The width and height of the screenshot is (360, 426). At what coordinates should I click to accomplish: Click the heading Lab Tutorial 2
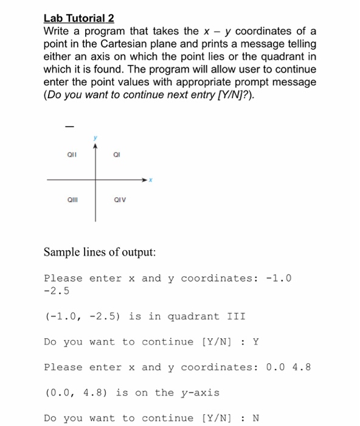[79, 18]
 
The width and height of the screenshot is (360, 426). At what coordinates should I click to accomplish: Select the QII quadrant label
[72, 155]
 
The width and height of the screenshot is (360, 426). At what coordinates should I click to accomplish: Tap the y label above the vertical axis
[95, 138]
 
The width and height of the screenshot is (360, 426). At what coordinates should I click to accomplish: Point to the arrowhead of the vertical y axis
[95, 145]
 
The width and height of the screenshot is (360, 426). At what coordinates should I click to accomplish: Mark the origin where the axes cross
[95, 180]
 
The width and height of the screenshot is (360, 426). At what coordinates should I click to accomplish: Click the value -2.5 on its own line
[57, 291]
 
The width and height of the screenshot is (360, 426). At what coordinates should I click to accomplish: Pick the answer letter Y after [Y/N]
[256, 342]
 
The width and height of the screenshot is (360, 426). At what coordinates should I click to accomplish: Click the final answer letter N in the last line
[256, 418]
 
